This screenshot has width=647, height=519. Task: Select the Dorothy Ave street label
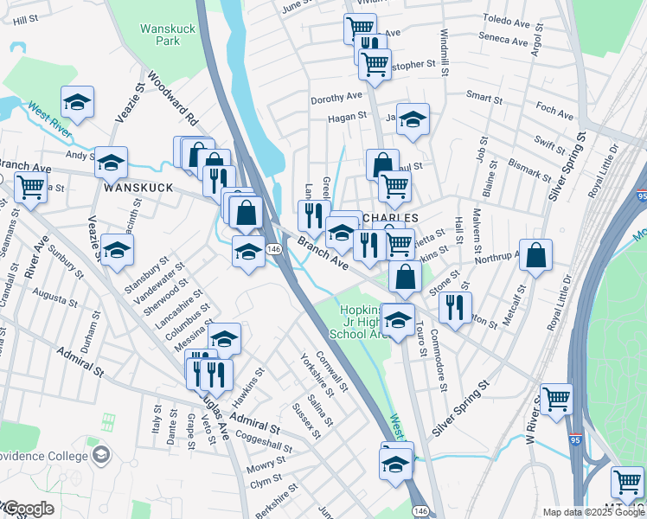coord(338,98)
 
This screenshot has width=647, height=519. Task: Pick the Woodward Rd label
coord(173,98)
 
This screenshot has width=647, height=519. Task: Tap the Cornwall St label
coord(331,367)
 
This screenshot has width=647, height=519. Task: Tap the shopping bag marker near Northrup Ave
coord(536,254)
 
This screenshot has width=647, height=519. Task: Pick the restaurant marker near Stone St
coord(455,304)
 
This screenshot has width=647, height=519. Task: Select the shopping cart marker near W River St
coord(556,399)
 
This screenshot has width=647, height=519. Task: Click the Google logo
coord(28,509)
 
